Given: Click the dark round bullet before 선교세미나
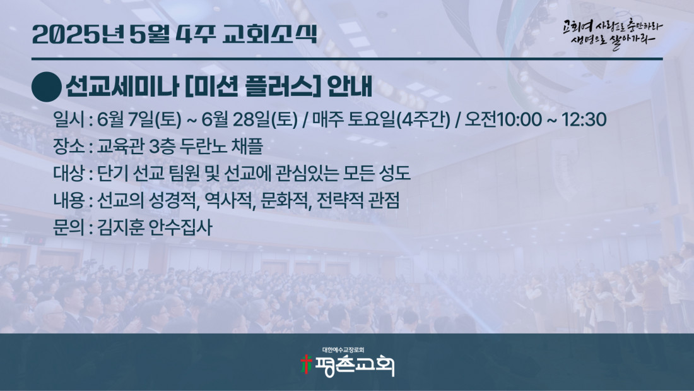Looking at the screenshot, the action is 47,87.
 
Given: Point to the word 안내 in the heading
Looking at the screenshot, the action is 350,87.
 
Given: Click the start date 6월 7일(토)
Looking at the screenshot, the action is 139,119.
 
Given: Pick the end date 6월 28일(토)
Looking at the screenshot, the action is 249,119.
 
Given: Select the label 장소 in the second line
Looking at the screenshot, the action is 69,147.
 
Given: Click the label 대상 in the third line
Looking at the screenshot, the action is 69,173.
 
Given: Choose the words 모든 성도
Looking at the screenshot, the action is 377,173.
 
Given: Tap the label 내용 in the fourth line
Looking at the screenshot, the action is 69,200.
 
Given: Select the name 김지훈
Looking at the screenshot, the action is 119,227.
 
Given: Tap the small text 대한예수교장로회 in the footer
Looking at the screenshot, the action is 343,350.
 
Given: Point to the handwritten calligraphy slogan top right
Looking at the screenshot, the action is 613,33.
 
